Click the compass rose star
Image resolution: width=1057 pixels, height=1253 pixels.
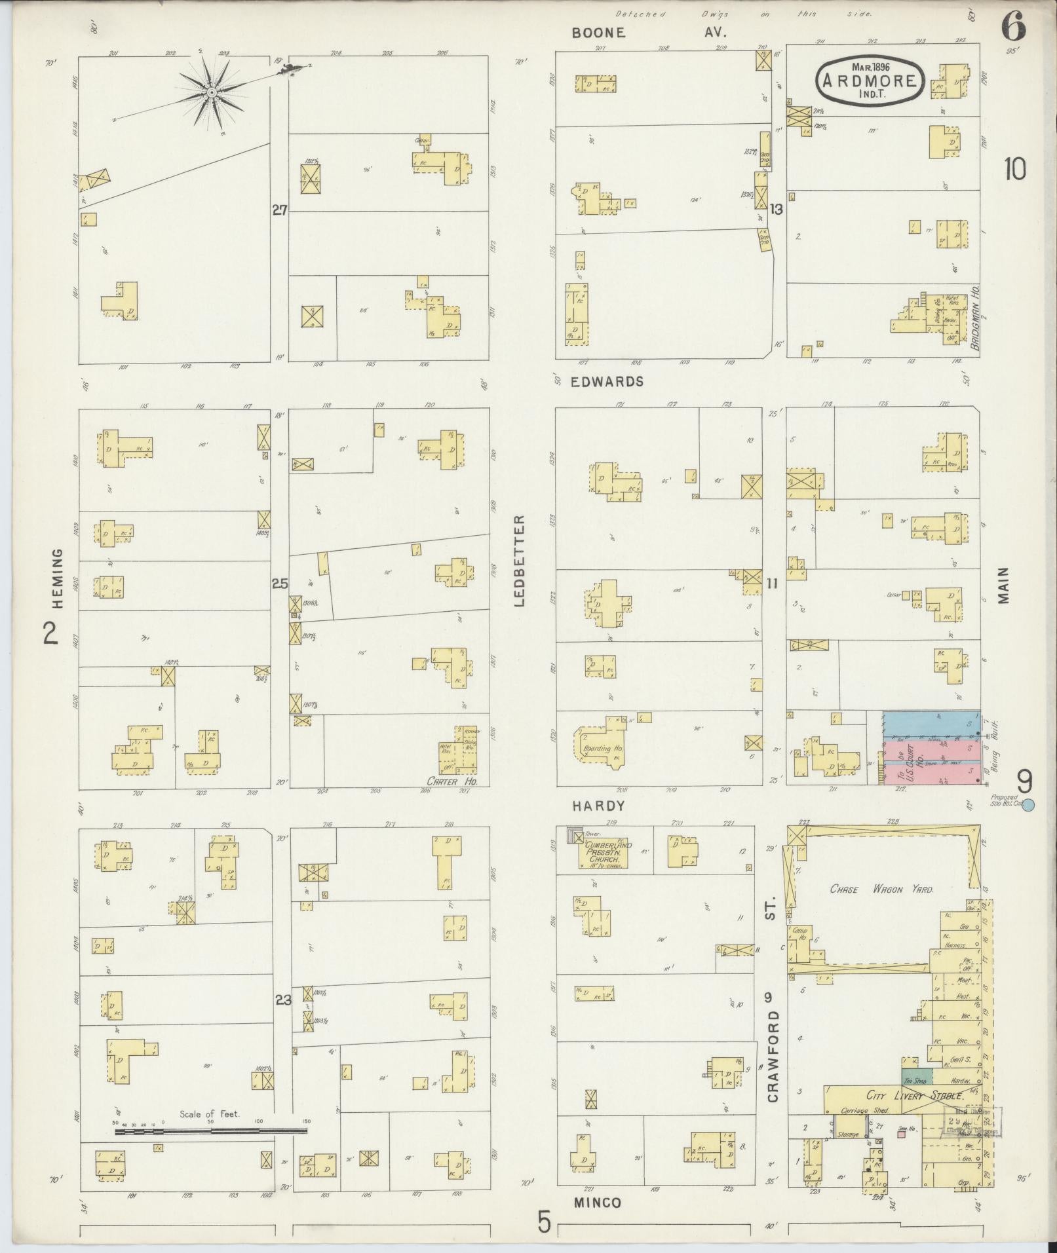tap(212, 94)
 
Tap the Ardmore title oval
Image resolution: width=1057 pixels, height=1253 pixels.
tap(869, 79)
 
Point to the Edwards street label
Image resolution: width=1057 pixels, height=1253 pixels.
tap(607, 381)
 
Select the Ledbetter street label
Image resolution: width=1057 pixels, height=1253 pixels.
tap(520, 561)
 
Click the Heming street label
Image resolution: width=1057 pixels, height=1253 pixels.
tap(57, 578)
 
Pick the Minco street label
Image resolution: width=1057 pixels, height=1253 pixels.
tap(597, 1203)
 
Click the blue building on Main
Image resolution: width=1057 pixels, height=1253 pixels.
tap(931, 724)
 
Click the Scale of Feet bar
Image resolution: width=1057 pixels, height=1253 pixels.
tap(210, 1131)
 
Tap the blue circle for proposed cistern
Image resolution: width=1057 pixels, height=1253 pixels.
tap(1028, 805)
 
